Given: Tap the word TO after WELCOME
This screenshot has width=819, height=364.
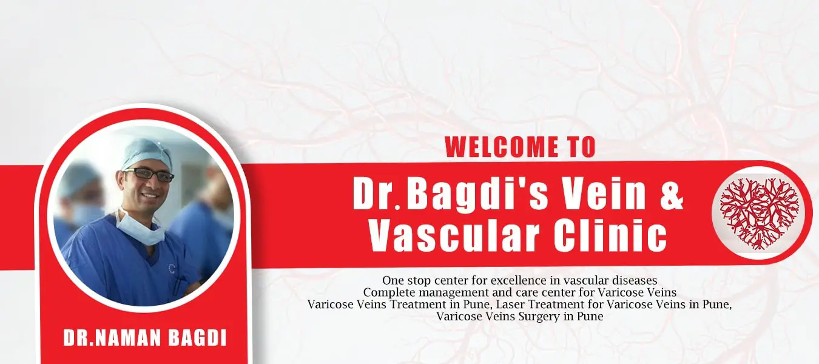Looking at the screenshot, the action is click(582, 147).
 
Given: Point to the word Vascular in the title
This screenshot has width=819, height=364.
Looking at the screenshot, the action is click(454, 236).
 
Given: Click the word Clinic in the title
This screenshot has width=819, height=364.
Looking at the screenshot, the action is click(610, 236).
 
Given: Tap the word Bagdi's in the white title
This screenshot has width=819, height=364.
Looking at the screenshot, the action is click(477, 195).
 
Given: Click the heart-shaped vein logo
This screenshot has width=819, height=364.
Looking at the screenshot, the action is click(760, 213).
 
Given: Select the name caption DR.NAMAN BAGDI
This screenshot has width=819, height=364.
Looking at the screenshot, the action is click(145, 338).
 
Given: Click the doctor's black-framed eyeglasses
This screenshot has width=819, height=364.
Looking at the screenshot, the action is click(149, 174).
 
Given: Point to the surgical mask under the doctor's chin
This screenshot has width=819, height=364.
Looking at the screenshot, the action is click(140, 229).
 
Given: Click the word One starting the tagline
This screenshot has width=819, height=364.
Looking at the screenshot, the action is click(393, 280).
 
